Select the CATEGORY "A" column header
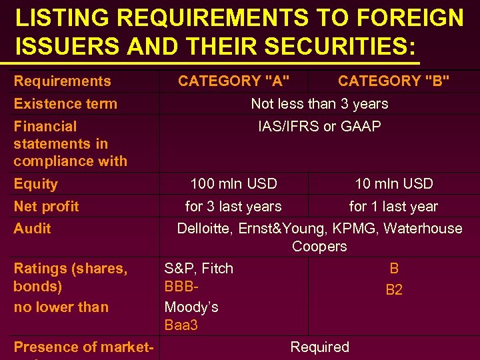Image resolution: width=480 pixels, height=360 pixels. click(x=233, y=81)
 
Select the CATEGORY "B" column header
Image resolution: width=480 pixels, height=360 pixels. click(x=393, y=81)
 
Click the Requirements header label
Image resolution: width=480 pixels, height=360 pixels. click(x=62, y=81)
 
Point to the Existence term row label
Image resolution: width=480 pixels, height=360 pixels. click(x=65, y=104)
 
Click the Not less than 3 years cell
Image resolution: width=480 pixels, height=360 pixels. click(x=319, y=104)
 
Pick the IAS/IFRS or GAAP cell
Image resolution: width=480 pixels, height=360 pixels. click(x=319, y=127)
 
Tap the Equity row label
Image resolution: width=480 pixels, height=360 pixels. click(x=35, y=184)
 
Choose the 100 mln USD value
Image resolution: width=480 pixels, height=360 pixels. click(x=233, y=184)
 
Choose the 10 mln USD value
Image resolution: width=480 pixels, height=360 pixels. click(x=393, y=184)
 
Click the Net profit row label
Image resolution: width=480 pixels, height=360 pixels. click(x=46, y=207)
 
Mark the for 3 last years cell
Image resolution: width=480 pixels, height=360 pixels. click(x=233, y=207)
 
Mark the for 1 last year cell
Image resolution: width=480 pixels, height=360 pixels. click(x=393, y=207)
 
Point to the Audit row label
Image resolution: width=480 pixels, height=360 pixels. click(x=32, y=229)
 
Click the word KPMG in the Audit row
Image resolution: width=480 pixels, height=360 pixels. click(x=355, y=229)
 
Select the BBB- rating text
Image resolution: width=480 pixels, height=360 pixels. click(x=182, y=288)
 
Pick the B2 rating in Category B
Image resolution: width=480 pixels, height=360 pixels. click(x=394, y=291)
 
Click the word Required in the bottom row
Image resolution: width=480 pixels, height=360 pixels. click(x=319, y=347)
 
